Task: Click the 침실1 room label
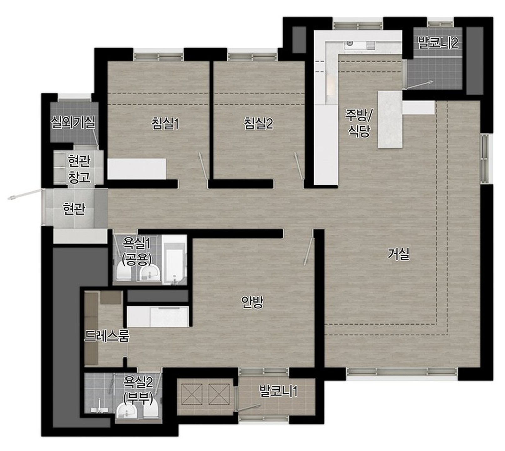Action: click(x=165, y=124)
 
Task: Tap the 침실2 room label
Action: click(x=258, y=124)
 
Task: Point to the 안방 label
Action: click(x=253, y=302)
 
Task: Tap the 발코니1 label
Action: click(x=278, y=391)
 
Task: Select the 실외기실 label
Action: click(x=73, y=122)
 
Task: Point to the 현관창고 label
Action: click(x=79, y=169)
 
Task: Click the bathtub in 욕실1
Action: click(x=174, y=260)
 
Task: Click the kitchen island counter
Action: click(x=390, y=119)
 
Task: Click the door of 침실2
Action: click(x=299, y=166)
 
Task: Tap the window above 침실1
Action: click(x=159, y=56)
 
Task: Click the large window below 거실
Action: click(x=402, y=372)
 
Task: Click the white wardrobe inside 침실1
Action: click(x=137, y=169)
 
